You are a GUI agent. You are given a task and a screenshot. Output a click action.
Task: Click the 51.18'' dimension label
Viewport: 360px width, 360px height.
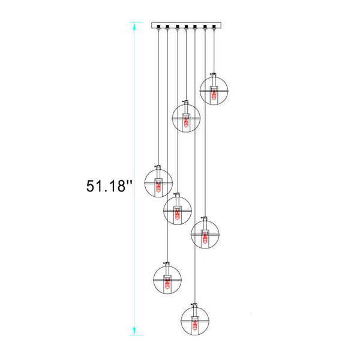(x=109, y=186)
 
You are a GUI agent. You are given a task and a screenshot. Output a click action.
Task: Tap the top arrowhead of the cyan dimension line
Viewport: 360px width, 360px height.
(x=134, y=26)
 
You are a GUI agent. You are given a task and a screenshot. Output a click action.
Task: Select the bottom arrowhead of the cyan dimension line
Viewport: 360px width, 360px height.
(x=134, y=331)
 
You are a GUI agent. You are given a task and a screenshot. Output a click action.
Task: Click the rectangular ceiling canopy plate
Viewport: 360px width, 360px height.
(x=186, y=25)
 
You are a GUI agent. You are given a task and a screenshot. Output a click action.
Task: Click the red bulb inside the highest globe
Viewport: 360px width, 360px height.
(x=214, y=95)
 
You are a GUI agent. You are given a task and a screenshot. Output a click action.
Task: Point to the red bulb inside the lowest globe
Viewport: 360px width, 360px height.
(x=195, y=325)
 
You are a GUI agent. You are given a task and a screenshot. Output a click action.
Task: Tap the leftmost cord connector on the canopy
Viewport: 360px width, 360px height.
(x=158, y=27)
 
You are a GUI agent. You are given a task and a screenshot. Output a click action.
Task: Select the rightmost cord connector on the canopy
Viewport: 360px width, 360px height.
(x=214, y=27)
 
